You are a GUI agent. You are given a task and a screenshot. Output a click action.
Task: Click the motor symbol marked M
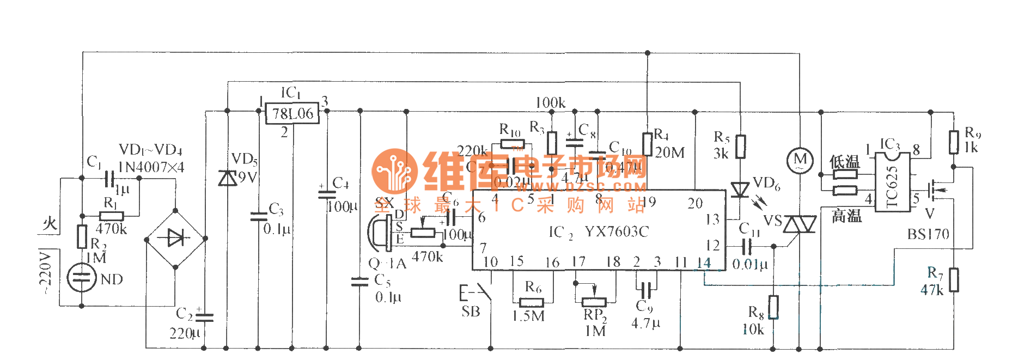pos(800,160)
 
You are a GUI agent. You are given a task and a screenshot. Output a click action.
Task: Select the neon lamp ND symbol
pos(81,277)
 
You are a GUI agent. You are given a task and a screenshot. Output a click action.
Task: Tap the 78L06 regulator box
pos(292,113)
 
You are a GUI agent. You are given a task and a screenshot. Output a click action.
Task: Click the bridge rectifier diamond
pos(175,239)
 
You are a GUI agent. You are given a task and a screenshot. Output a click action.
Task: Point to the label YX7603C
pos(617,232)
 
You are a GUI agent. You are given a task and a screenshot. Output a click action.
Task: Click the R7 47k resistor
pos(954,280)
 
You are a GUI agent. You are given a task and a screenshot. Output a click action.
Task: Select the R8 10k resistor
pos(773,307)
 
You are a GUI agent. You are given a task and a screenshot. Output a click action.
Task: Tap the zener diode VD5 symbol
pos(227,178)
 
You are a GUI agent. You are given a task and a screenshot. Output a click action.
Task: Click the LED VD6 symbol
pos(740,190)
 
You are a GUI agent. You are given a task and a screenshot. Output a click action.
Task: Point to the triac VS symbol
pos(800,224)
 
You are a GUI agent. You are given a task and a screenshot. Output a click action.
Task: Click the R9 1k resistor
pos(954,142)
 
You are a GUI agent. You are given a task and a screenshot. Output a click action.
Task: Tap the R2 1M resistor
pos(82,236)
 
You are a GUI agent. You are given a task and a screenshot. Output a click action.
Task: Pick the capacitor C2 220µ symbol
pos(204,316)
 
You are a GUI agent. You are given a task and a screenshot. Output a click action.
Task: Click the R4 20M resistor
pos(647,144)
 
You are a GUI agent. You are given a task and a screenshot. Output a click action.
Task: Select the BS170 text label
pos(928,235)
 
